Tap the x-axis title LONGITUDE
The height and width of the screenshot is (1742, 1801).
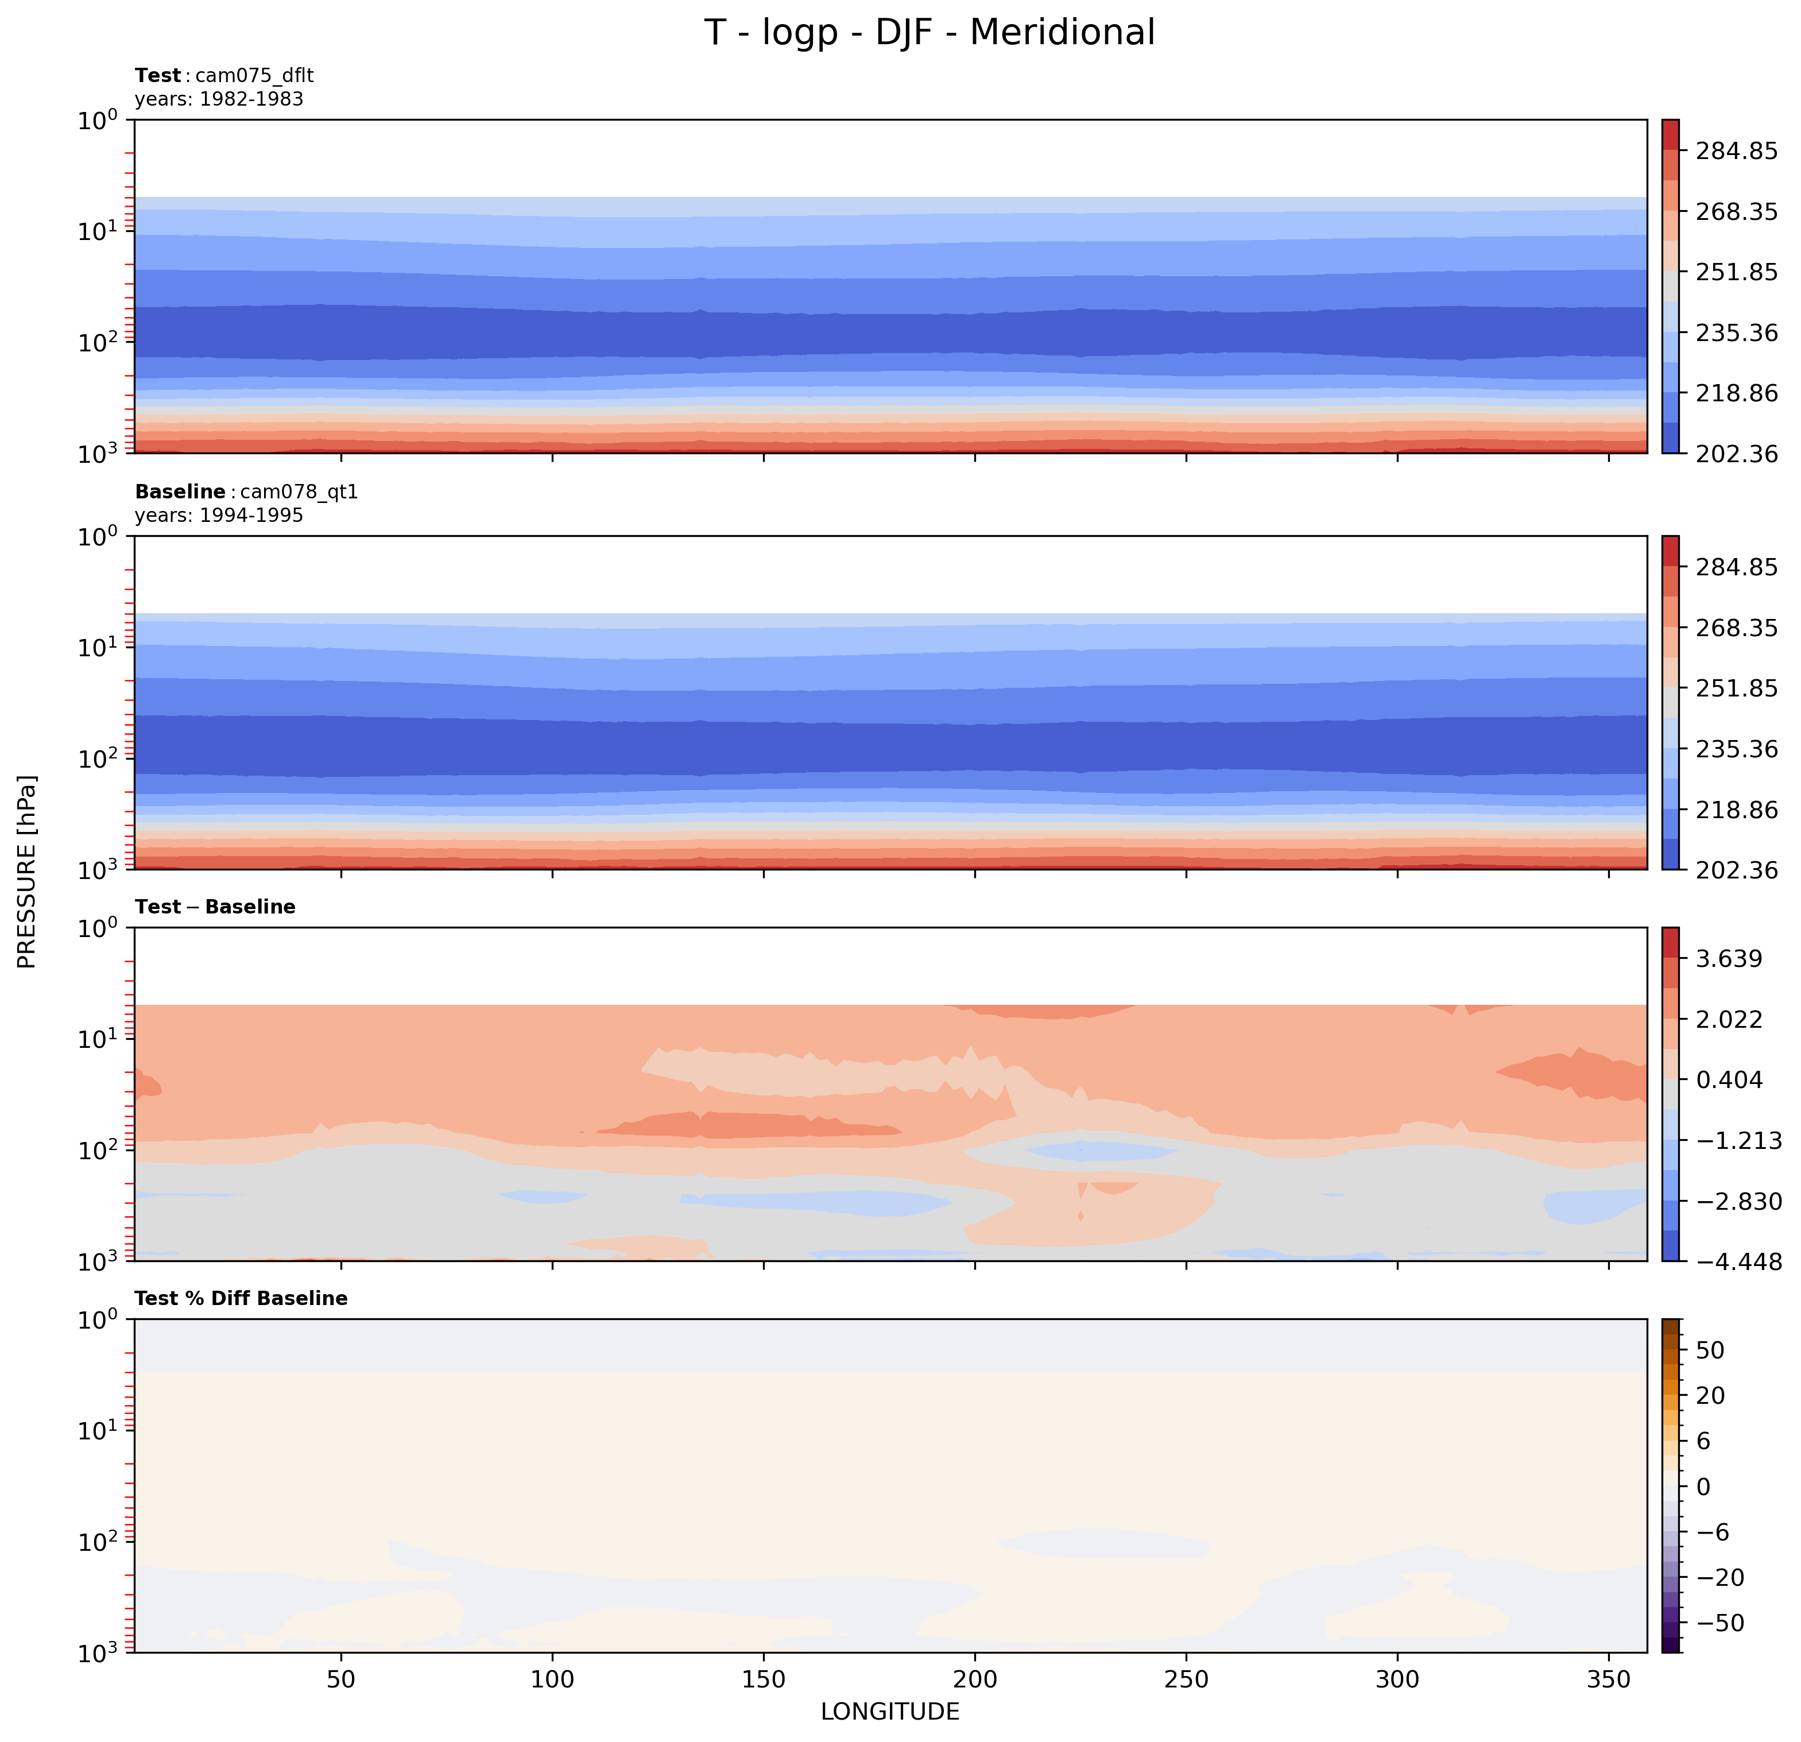click(x=889, y=1711)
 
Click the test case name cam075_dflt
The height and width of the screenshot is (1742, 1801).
click(x=254, y=75)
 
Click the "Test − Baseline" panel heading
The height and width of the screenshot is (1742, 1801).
click(x=215, y=907)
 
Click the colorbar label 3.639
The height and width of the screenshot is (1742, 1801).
click(x=1729, y=960)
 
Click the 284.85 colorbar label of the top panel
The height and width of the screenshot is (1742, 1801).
click(x=1736, y=150)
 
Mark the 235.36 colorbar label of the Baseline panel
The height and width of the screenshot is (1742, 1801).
click(x=1736, y=749)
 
